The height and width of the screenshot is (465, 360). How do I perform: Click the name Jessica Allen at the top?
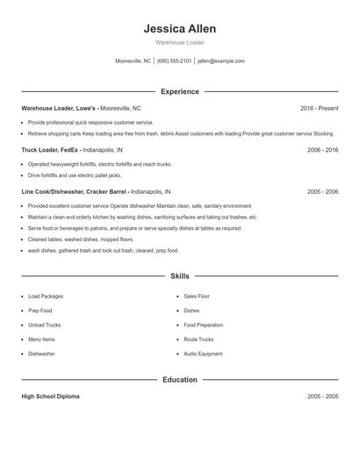tap(180, 28)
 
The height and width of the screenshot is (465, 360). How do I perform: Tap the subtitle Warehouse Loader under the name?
tap(180, 42)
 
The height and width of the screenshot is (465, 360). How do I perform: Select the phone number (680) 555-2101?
tap(174, 61)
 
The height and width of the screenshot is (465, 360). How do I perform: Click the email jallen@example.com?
tap(221, 61)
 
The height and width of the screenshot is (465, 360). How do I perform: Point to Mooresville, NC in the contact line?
tap(133, 61)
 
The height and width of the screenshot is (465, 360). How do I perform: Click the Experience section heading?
tap(180, 91)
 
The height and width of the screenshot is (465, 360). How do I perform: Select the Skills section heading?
tap(180, 275)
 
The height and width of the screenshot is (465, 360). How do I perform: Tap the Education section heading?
tap(180, 380)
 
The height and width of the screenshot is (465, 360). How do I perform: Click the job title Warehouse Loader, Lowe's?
tap(58, 108)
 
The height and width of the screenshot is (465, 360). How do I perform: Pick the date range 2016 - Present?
tap(319, 108)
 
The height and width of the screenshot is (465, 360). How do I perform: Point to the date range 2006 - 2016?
tap(322, 150)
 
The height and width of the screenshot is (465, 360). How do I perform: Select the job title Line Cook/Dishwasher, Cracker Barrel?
tap(75, 191)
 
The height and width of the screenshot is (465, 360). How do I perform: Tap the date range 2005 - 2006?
tap(322, 191)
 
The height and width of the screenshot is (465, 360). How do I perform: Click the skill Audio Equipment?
tap(203, 354)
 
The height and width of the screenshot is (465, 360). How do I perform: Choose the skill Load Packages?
tap(46, 297)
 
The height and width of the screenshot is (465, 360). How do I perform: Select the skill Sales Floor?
tap(197, 297)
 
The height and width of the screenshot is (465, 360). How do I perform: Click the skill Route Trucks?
tap(198, 340)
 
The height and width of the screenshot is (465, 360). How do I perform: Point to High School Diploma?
tap(50, 397)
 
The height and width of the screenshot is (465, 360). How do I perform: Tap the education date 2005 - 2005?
tap(322, 397)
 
